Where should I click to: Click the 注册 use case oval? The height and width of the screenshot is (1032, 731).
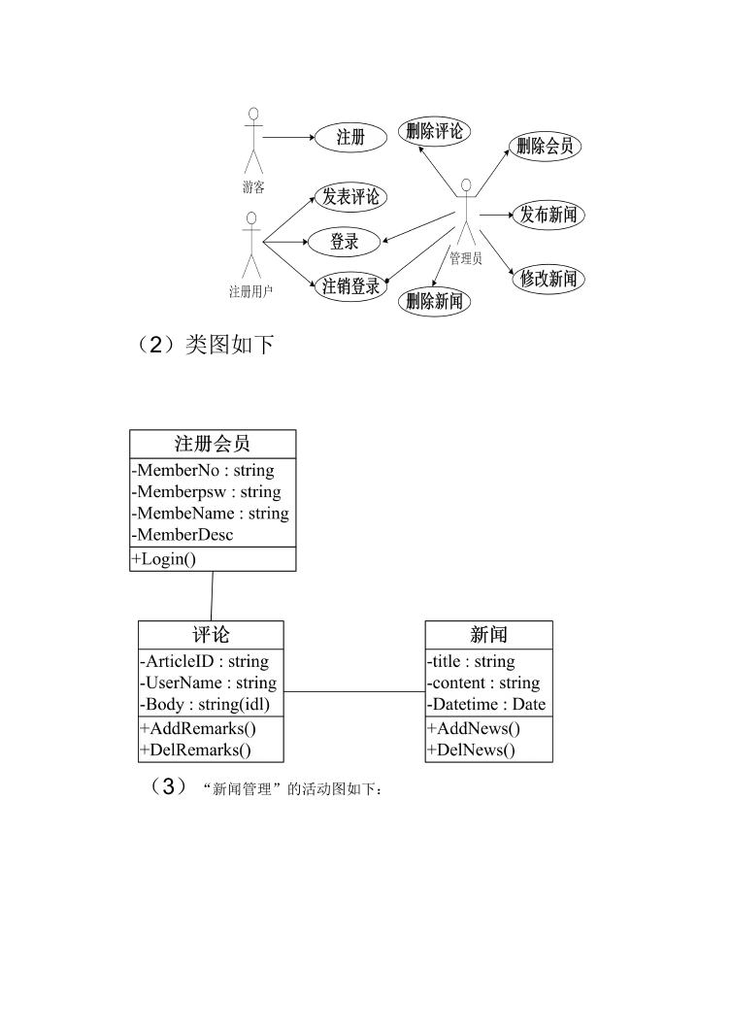350,138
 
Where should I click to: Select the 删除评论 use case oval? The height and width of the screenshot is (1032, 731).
434,132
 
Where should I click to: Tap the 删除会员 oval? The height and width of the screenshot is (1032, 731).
545,147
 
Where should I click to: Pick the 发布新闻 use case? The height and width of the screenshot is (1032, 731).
548,215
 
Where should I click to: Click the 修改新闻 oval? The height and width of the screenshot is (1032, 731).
548,279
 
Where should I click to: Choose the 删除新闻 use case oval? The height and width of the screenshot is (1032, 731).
434,301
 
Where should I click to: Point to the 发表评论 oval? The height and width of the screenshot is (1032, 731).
350,197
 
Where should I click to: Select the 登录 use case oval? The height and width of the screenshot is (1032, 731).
344,242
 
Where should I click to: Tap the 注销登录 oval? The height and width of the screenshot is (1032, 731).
350,287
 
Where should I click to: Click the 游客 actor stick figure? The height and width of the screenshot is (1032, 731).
253,140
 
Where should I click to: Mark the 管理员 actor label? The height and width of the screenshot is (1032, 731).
466,258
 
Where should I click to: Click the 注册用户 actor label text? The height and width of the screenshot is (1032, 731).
250,291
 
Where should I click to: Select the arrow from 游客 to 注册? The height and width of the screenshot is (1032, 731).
289,138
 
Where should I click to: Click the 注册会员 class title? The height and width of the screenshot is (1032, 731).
213,444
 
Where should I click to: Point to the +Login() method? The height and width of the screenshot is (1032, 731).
164,559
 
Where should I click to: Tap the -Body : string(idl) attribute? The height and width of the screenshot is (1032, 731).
205,704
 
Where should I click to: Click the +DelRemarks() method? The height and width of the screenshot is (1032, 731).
195,749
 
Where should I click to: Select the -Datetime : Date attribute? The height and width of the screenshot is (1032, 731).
486,704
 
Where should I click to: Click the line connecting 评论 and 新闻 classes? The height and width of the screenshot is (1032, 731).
354,692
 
